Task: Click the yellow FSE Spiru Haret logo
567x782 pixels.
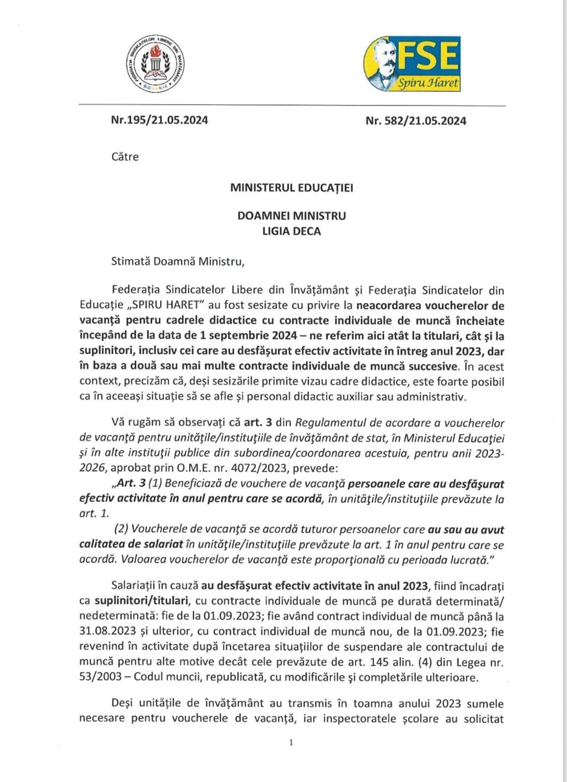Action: [x=413, y=64]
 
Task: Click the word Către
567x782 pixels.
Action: [x=124, y=157]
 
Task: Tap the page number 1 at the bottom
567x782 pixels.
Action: [x=291, y=743]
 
